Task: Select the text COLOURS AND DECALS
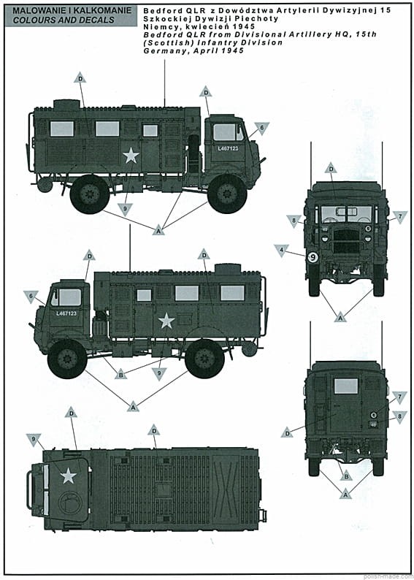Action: pyautogui.click(x=63, y=20)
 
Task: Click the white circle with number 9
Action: pyautogui.click(x=313, y=257)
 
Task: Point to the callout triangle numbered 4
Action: pyautogui.click(x=281, y=250)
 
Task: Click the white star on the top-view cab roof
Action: pyautogui.click(x=69, y=476)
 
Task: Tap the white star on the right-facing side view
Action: pyautogui.click(x=131, y=156)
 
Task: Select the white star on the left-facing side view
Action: pyautogui.click(x=166, y=321)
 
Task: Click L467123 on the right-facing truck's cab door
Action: pyautogui.click(x=228, y=149)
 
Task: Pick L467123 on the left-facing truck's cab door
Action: pyautogui.click(x=66, y=313)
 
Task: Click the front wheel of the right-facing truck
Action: pyautogui.click(x=227, y=194)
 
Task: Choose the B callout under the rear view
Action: pyautogui.click(x=346, y=476)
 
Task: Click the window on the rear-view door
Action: pyautogui.click(x=345, y=386)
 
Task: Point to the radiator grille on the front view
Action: pyautogui.click(x=346, y=240)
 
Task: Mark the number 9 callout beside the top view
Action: pyautogui.click(x=34, y=440)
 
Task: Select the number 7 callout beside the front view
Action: pyautogui.click(x=400, y=216)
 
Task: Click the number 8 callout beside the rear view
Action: pyautogui.click(x=399, y=416)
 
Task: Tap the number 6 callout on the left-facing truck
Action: pyautogui.click(x=31, y=297)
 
